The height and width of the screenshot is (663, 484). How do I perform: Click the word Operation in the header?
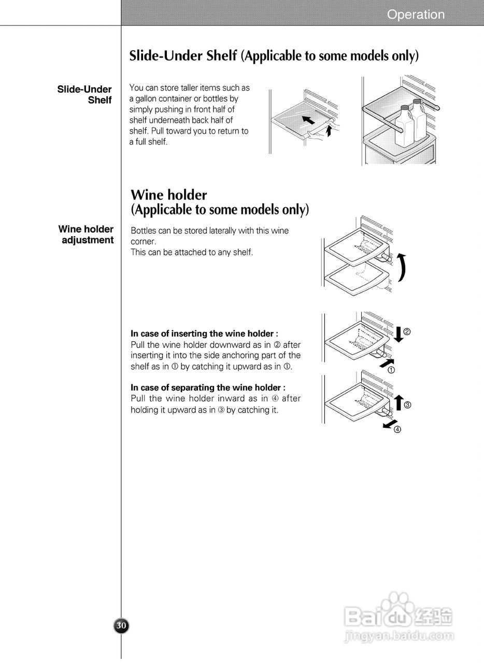(416, 15)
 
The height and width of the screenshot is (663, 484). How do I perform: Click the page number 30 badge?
(121, 626)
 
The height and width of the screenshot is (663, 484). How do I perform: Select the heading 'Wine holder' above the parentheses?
(169, 195)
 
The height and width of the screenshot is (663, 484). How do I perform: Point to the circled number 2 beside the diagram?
(407, 332)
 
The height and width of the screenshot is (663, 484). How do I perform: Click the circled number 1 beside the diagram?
(392, 370)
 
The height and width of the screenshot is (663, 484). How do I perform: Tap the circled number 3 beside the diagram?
(407, 405)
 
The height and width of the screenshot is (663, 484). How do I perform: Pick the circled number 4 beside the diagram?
(397, 429)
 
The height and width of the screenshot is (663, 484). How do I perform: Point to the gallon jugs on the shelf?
(411, 122)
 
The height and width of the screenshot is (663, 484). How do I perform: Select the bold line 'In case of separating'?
(208, 387)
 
